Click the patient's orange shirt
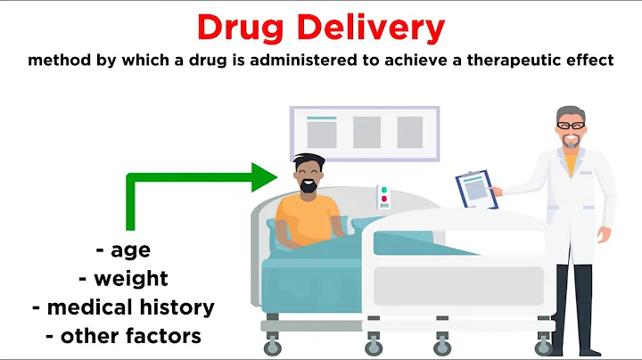(x=308, y=218)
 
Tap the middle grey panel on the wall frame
(x=366, y=132)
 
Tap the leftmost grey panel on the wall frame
(x=322, y=132)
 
